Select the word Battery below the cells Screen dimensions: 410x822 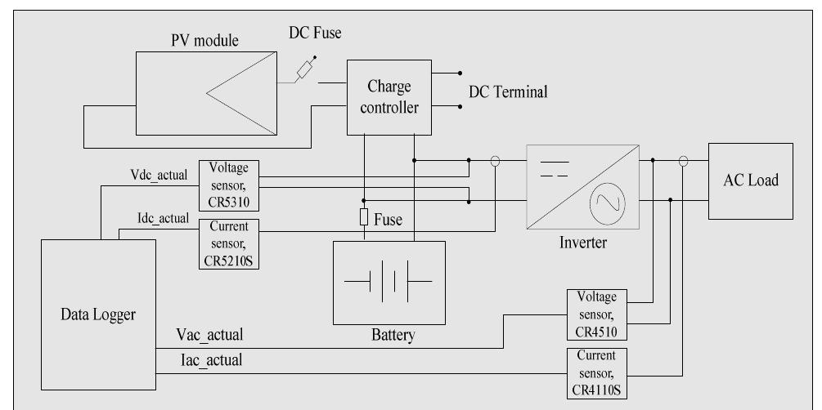(388, 334)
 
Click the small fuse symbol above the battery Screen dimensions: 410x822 (362, 218)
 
